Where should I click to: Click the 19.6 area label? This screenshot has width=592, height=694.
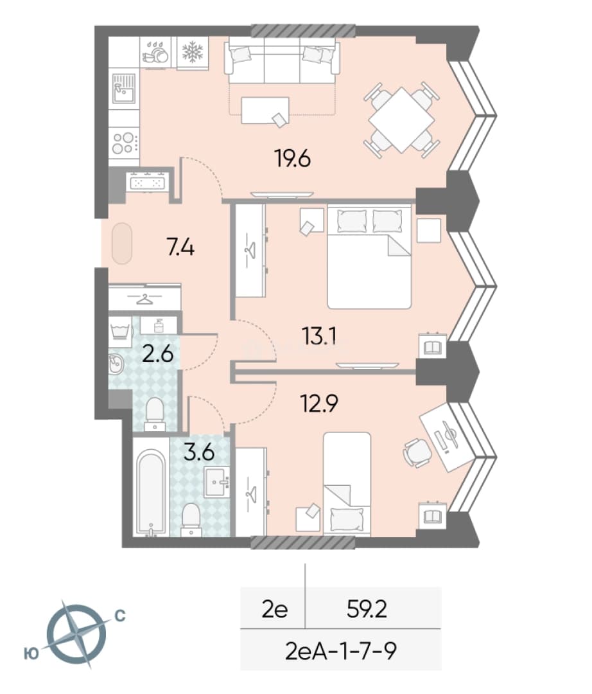click(293, 159)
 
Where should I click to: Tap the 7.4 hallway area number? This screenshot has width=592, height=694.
click(181, 247)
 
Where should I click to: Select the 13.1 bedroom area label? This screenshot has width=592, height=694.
click(319, 336)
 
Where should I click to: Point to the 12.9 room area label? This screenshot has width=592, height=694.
click(319, 403)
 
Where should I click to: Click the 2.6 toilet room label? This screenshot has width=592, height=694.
click(158, 354)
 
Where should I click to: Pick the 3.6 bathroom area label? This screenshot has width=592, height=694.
click(199, 452)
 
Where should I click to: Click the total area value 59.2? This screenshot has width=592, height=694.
click(367, 609)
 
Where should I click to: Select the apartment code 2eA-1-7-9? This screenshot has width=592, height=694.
click(341, 650)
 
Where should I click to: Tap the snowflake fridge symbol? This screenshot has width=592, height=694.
click(193, 52)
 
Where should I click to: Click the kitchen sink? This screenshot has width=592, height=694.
click(123, 88)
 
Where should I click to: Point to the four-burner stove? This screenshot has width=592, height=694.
click(125, 143)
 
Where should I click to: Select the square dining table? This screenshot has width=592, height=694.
click(401, 120)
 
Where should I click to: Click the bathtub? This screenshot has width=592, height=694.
click(151, 492)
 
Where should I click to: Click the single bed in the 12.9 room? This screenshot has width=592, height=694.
click(347, 484)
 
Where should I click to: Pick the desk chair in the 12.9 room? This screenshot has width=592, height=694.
click(416, 452)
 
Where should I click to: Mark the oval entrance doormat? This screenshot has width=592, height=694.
click(122, 244)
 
